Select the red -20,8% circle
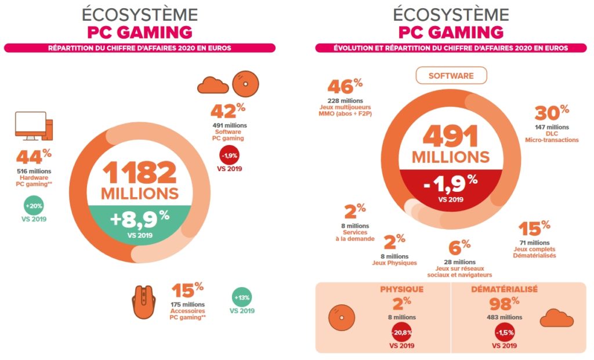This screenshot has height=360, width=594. (401, 334)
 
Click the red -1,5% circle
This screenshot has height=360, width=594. (504, 334)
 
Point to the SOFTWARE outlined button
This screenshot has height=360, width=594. (451, 76)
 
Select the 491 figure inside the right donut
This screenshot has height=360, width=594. (450, 136)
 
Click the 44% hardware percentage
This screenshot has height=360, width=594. (34, 157)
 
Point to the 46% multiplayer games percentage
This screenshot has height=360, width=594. (345, 86)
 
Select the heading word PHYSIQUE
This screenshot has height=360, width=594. (402, 289)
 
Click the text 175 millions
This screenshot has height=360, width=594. (187, 304)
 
